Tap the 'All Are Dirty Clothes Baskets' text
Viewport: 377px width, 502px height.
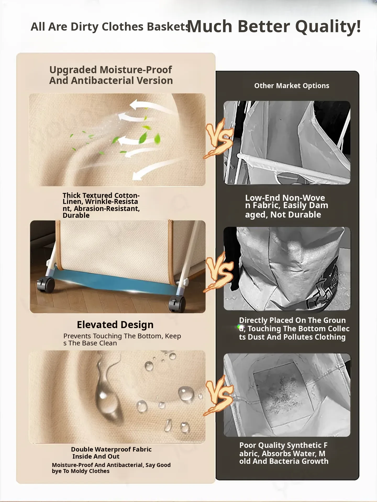pyautogui.click(x=110, y=27)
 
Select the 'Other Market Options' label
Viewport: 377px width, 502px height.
pyautogui.click(x=292, y=86)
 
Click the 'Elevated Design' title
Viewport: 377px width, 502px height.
pyautogui.click(x=115, y=325)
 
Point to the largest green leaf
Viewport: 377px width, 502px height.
pyautogui.click(x=143, y=138)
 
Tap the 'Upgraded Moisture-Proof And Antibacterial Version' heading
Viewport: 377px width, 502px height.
pyautogui.click(x=111, y=75)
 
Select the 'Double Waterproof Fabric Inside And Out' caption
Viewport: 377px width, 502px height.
pyautogui.click(x=111, y=453)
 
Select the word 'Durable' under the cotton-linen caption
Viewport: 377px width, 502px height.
pyautogui.click(x=76, y=215)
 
